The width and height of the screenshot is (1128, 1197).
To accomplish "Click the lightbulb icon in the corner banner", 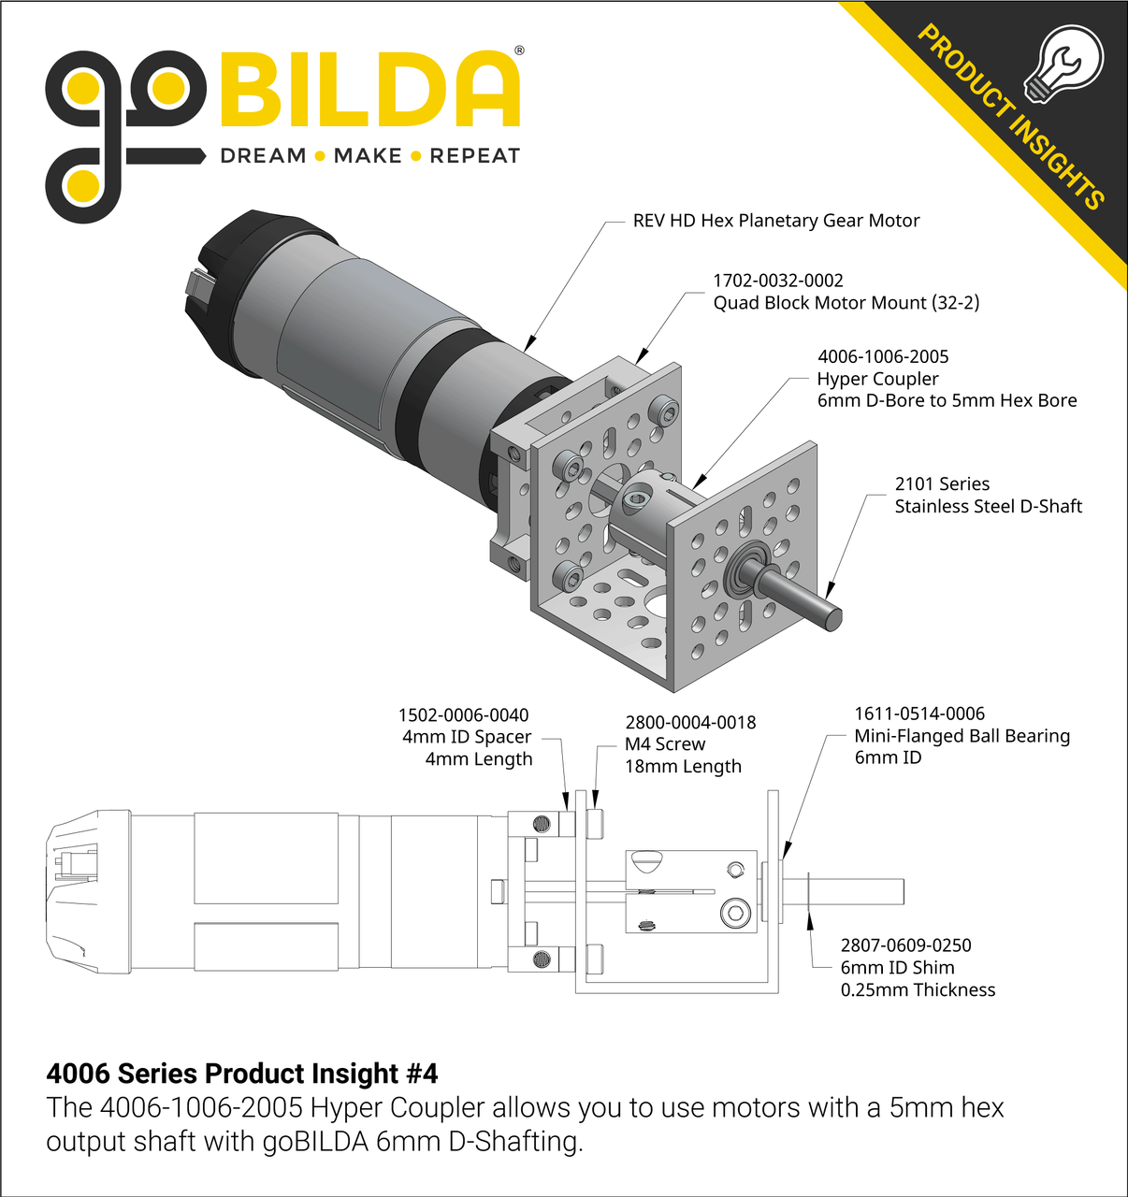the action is (x=1063, y=64).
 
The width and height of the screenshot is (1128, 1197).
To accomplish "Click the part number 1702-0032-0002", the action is (x=778, y=281).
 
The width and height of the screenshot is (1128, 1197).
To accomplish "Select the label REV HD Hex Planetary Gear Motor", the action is (x=776, y=221).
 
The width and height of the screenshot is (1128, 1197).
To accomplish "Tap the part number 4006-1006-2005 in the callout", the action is (x=883, y=356).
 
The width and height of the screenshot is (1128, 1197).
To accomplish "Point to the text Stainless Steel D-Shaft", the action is (x=988, y=506).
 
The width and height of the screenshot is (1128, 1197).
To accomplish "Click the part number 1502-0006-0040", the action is (x=463, y=714).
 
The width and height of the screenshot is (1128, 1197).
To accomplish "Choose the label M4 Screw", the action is (x=664, y=743).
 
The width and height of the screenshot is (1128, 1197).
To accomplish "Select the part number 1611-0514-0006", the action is (x=919, y=713).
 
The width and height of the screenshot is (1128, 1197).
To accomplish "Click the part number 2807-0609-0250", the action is (x=905, y=945).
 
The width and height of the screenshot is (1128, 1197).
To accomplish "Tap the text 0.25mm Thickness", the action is (x=918, y=989).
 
